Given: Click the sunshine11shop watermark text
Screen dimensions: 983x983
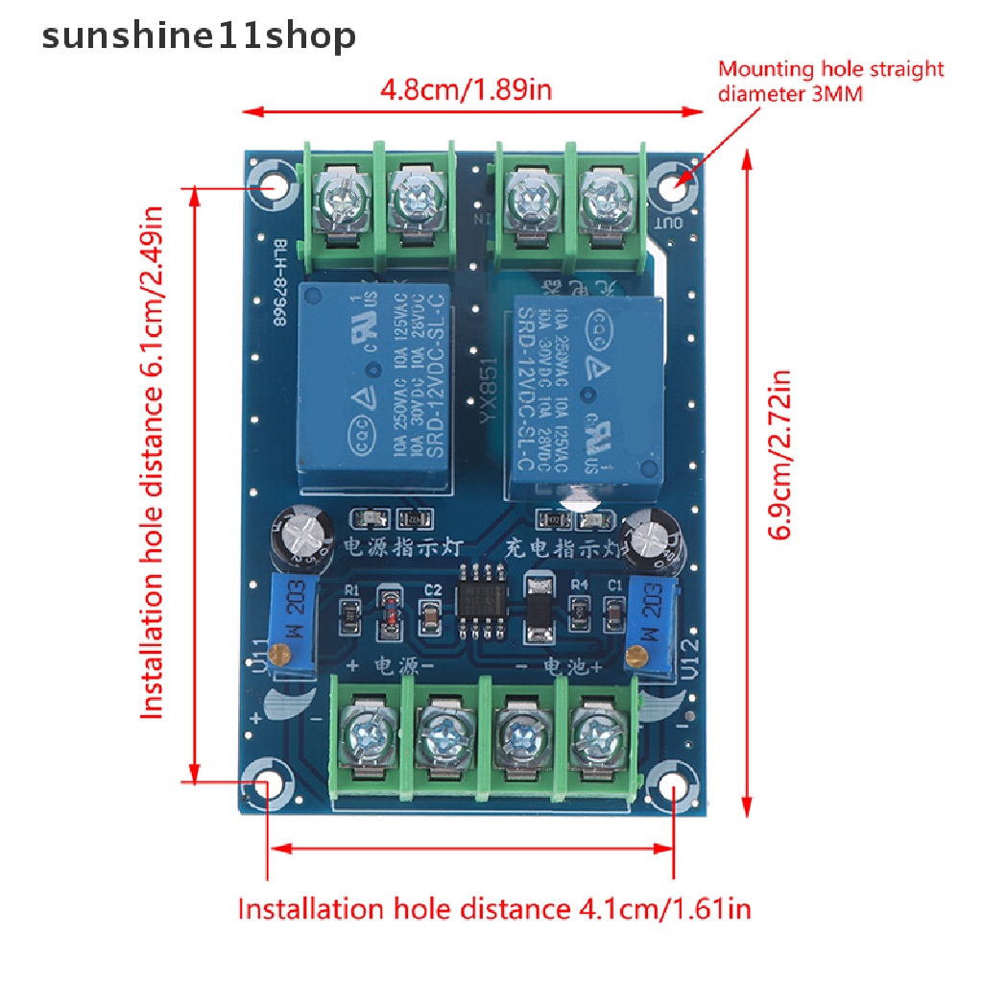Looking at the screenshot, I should [199, 36].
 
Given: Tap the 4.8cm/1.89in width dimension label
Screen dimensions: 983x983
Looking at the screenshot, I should [466, 91].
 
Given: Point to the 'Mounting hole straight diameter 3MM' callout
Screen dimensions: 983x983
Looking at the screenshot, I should [831, 81].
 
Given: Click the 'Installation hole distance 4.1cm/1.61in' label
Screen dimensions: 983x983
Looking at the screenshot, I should [494, 908].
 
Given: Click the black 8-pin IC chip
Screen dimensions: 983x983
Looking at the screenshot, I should [482, 601].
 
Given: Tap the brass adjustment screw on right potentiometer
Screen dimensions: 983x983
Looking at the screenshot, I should [635, 659].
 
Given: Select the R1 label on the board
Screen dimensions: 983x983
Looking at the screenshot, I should [351, 589].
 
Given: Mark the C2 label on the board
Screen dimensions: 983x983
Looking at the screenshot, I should [432, 589].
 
